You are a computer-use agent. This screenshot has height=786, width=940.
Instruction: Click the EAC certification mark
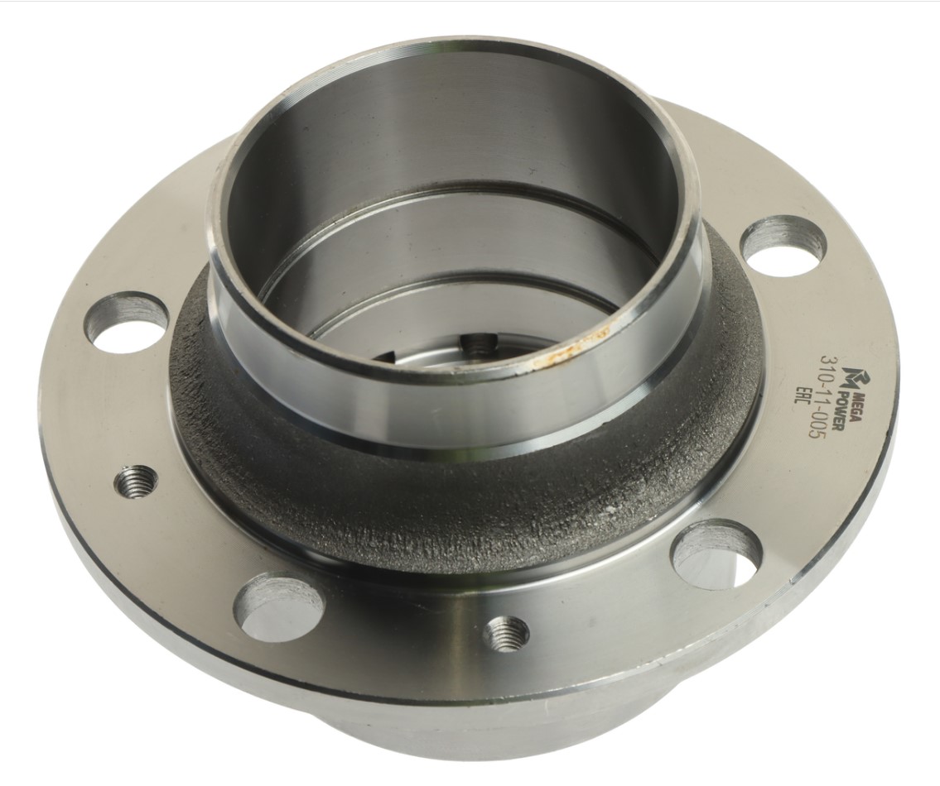coord(803,397)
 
